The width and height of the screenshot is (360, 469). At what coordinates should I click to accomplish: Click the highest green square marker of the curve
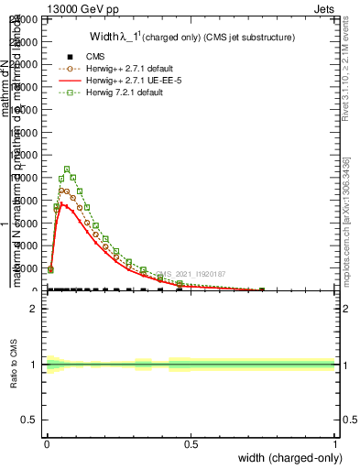67,169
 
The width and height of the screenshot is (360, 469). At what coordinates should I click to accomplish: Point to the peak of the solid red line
61,203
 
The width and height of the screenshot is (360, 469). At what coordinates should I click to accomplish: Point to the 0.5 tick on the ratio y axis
30,420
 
